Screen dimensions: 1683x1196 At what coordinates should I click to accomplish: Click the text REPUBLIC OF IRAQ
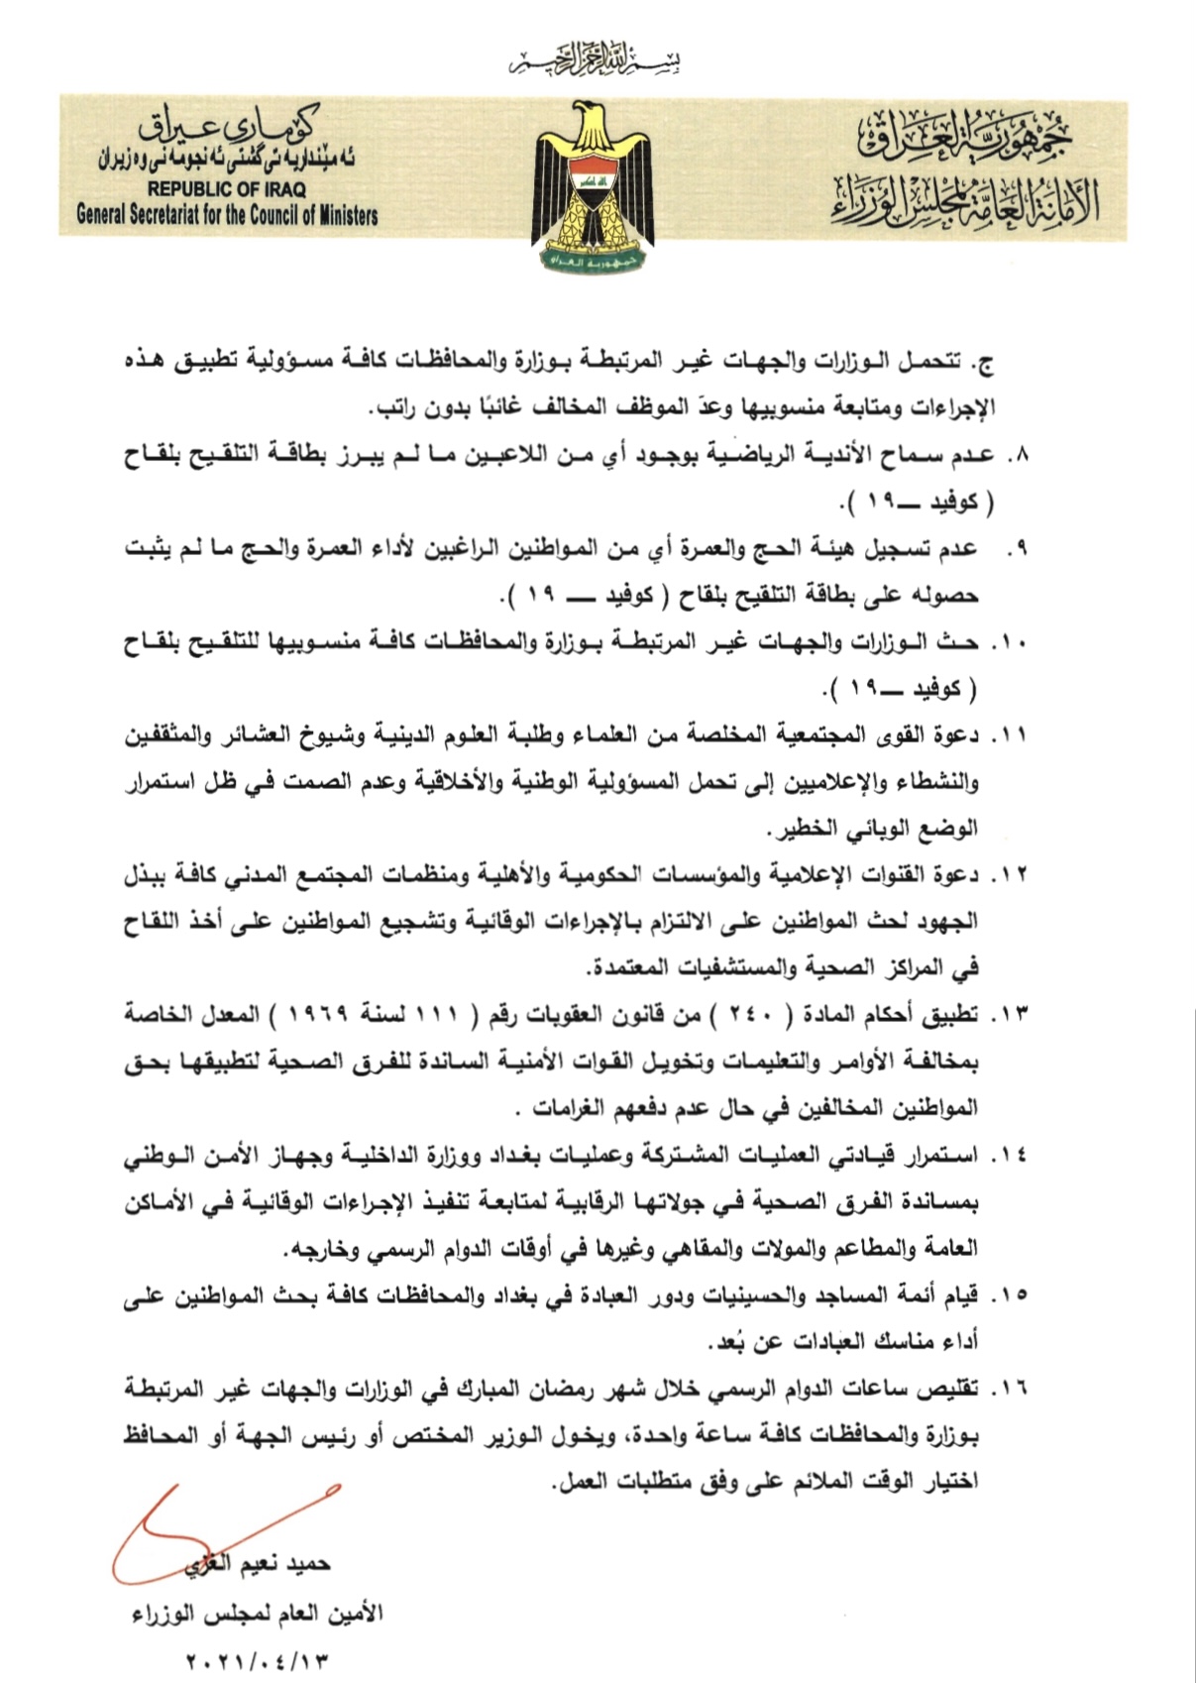pyautogui.click(x=227, y=189)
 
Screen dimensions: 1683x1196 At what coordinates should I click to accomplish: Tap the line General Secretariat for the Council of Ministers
pyautogui.click(x=227, y=213)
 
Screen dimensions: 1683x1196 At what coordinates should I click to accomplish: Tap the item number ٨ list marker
pyautogui.click(x=1018, y=455)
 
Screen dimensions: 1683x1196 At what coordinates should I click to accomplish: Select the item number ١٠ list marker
pyautogui.click(x=1013, y=642)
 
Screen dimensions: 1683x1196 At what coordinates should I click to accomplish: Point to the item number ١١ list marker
pyautogui.click(x=1013, y=735)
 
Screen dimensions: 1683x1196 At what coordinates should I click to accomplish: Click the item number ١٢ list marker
pyautogui.click(x=1013, y=875)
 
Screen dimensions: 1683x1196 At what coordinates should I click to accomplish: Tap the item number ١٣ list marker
pyautogui.click(x=1013, y=1015)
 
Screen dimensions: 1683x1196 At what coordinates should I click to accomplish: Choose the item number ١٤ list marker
pyautogui.click(x=1013, y=1155)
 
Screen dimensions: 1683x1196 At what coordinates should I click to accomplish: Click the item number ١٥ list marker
pyautogui.click(x=1013, y=1294)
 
